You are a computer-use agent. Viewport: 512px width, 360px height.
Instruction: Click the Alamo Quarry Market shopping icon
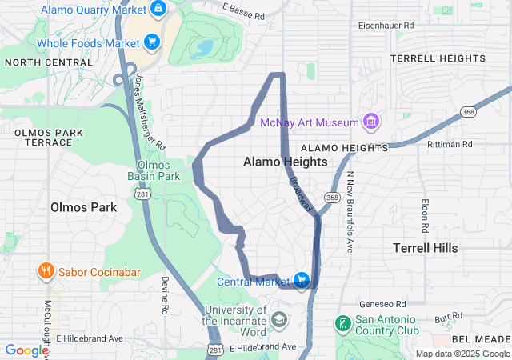click(x=158, y=9)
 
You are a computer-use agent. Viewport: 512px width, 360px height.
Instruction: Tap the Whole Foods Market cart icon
click(x=150, y=42)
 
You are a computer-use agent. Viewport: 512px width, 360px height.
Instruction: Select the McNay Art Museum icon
click(x=370, y=122)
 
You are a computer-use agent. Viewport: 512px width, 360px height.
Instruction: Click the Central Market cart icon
click(x=302, y=280)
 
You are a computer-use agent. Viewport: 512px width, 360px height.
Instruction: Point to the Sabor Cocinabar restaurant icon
click(x=46, y=271)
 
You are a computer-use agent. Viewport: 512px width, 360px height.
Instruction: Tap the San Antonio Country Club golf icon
click(x=342, y=324)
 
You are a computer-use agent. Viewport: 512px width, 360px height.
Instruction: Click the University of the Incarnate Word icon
click(x=278, y=321)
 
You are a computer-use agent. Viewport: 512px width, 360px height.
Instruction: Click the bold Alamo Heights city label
click(x=285, y=162)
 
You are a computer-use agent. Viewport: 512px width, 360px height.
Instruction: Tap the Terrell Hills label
click(x=426, y=248)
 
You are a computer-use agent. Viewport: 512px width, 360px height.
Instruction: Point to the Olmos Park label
click(x=83, y=207)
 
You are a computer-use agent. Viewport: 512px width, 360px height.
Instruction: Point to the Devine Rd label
click(x=165, y=295)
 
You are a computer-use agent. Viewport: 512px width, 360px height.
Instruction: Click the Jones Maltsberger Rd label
click(x=150, y=111)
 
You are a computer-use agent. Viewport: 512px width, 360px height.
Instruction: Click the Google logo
click(x=26, y=350)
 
